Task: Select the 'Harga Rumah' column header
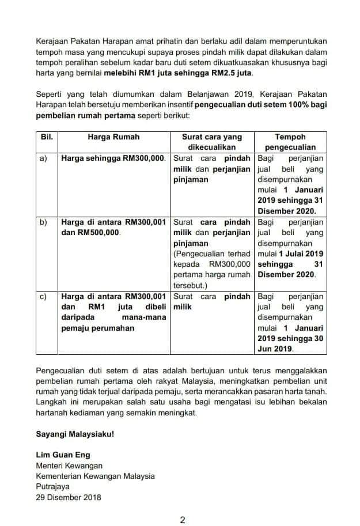tap(113, 137)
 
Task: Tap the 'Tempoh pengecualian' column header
tap(290, 142)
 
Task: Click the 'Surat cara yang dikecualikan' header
tap(212, 142)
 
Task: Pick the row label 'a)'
tap(43, 158)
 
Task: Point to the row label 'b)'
tap(43, 222)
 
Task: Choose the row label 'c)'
tap(43, 296)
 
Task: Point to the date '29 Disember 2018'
tap(68, 497)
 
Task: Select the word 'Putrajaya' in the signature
tap(52, 487)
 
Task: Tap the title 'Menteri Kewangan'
tap(69, 466)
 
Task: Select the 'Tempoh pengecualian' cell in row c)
tap(290, 323)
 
